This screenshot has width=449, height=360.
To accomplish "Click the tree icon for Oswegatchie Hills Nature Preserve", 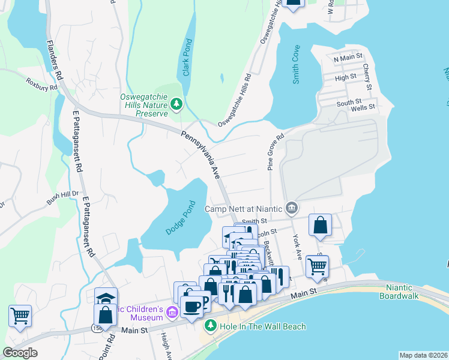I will point(176,105).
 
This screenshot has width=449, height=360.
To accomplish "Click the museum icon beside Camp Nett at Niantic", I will point(292,209).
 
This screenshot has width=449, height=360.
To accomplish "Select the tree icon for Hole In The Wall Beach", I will point(210,326).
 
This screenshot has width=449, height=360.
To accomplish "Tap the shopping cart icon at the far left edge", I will point(20,315).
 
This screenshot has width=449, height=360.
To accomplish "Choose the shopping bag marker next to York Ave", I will point(321,226).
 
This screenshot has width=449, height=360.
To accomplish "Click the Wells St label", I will point(363,107).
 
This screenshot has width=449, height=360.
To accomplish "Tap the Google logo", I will point(20,353).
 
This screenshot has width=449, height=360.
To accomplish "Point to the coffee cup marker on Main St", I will point(192,307).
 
